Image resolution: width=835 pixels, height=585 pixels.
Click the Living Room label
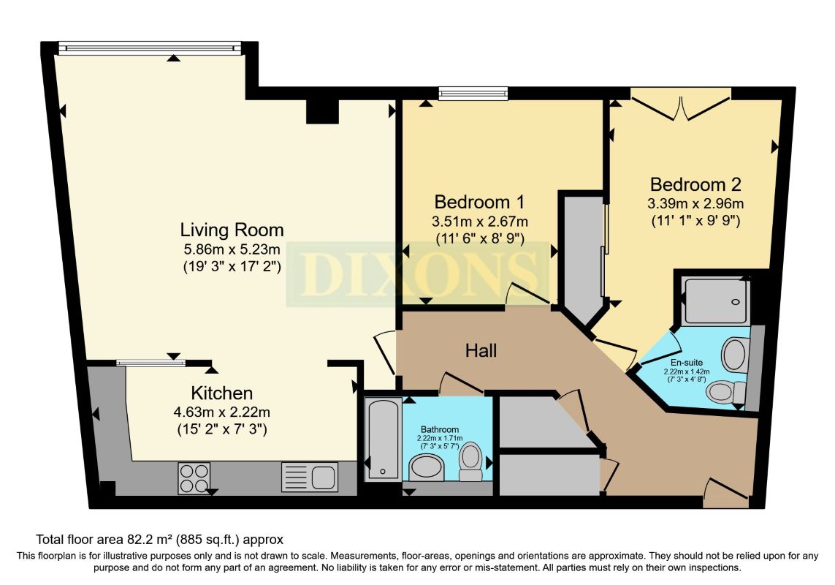[232, 230]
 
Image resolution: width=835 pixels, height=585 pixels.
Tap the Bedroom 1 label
[480, 201]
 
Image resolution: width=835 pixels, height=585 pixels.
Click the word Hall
[481, 351]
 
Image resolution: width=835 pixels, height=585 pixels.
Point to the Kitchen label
[222, 393]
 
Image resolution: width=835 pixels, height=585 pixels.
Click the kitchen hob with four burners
[194, 478]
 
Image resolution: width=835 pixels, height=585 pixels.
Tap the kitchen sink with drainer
[310, 477]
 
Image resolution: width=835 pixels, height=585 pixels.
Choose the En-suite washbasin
[734, 355]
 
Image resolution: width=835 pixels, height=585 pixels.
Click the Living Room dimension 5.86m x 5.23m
[232, 249]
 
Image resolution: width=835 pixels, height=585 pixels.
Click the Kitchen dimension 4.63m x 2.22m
[222, 412]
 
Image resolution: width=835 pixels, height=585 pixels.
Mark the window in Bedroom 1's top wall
[473, 93]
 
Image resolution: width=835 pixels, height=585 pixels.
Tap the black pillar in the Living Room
[321, 111]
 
